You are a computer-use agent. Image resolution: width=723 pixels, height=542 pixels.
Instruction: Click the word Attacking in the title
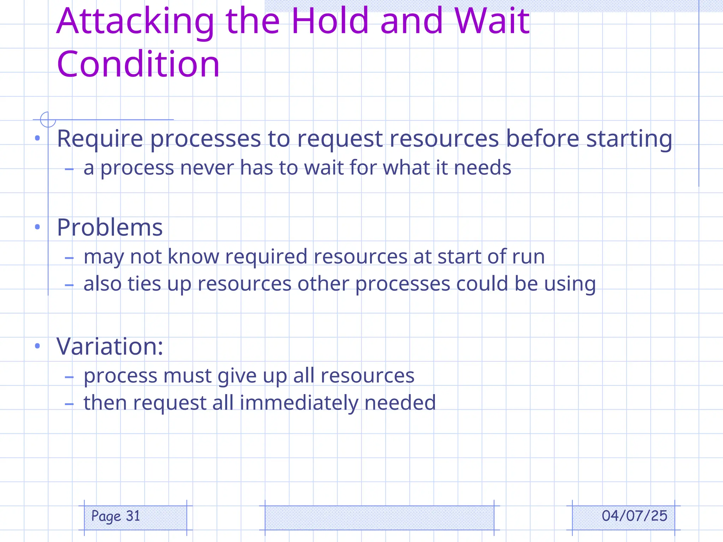pos(135,22)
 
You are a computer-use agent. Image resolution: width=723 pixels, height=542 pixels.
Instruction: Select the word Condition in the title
pos(138,64)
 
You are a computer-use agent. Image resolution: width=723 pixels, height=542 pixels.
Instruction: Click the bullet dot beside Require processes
pos(37,138)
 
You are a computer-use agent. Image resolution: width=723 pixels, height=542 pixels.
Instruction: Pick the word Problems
pos(110,227)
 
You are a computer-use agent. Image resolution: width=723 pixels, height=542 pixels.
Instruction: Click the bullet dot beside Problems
pos(37,227)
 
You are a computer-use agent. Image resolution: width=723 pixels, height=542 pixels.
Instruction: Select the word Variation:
pos(110,347)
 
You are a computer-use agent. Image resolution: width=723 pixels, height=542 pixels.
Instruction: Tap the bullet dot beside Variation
pos(37,346)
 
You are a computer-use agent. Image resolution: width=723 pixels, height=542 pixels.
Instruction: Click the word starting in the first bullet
pos(629,139)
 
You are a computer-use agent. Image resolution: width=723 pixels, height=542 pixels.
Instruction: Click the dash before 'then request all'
pos(69,404)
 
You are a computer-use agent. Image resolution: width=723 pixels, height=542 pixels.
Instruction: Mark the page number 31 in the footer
pos(133,516)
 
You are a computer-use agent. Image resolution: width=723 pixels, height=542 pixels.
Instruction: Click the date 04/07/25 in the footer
pos(634,516)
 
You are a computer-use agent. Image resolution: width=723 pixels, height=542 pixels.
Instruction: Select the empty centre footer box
pos(379,518)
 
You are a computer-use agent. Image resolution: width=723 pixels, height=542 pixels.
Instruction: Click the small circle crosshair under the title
pos(48,120)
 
